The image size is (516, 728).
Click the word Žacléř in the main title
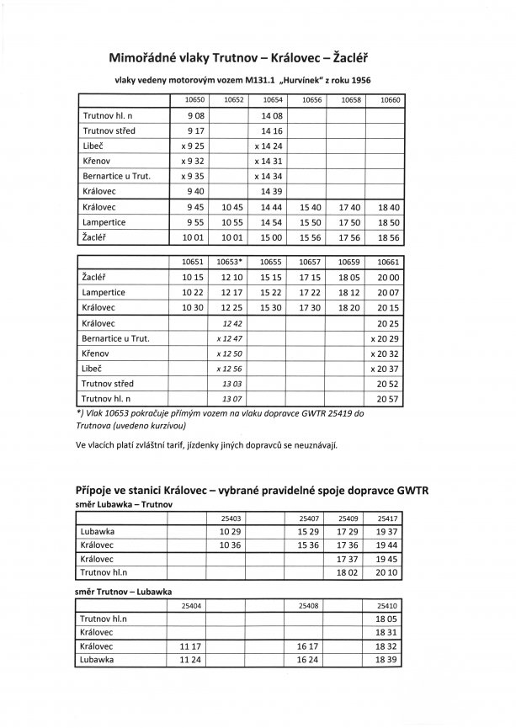pyautogui.click(x=351, y=58)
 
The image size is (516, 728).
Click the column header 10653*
pyautogui.click(x=231, y=262)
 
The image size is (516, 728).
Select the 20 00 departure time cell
pyautogui.click(x=388, y=276)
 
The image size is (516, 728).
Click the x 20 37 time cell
pyautogui.click(x=386, y=369)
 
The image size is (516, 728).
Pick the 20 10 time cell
pyautogui.click(x=388, y=572)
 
